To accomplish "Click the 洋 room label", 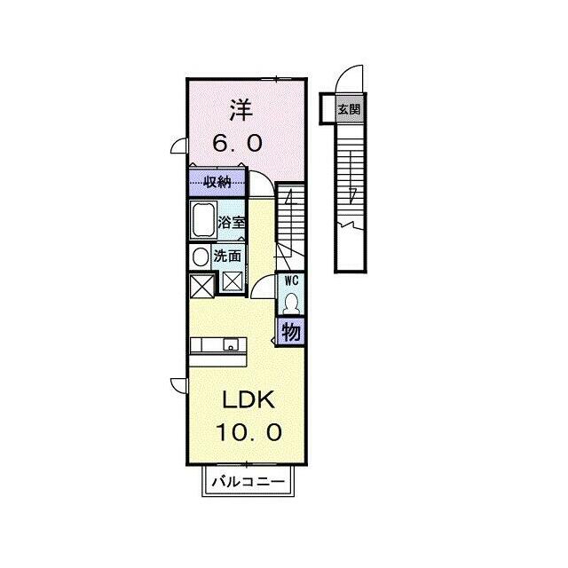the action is click(x=241, y=110).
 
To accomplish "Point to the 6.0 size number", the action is click(x=237, y=143).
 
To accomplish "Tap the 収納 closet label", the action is click(x=217, y=182).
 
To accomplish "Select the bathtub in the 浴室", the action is click(x=203, y=220).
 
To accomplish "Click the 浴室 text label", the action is click(x=231, y=222).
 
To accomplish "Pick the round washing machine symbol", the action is click(x=201, y=257).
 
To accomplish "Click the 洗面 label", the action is click(x=227, y=256).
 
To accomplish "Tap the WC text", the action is click(x=292, y=280).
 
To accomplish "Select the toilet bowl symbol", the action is click(x=291, y=304).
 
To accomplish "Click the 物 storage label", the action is click(x=291, y=332).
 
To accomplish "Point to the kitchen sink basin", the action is click(x=231, y=344).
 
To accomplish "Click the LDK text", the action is click(x=248, y=400).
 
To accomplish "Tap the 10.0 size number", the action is click(x=248, y=432).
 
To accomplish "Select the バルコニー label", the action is click(x=248, y=482).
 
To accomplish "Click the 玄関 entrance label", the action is click(x=349, y=109).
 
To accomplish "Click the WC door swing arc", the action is click(x=259, y=280).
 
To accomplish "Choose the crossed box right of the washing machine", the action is click(x=233, y=281).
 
